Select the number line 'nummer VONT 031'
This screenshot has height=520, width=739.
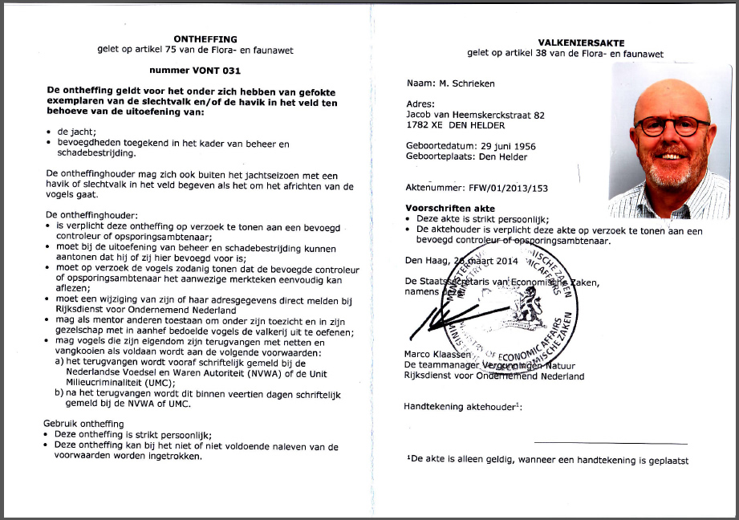[x=196, y=71]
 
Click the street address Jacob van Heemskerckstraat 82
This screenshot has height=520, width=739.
[x=476, y=115]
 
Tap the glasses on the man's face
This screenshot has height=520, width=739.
[x=672, y=125]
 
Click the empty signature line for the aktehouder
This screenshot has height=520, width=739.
[x=611, y=443]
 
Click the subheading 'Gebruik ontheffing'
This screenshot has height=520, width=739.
[x=85, y=423]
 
